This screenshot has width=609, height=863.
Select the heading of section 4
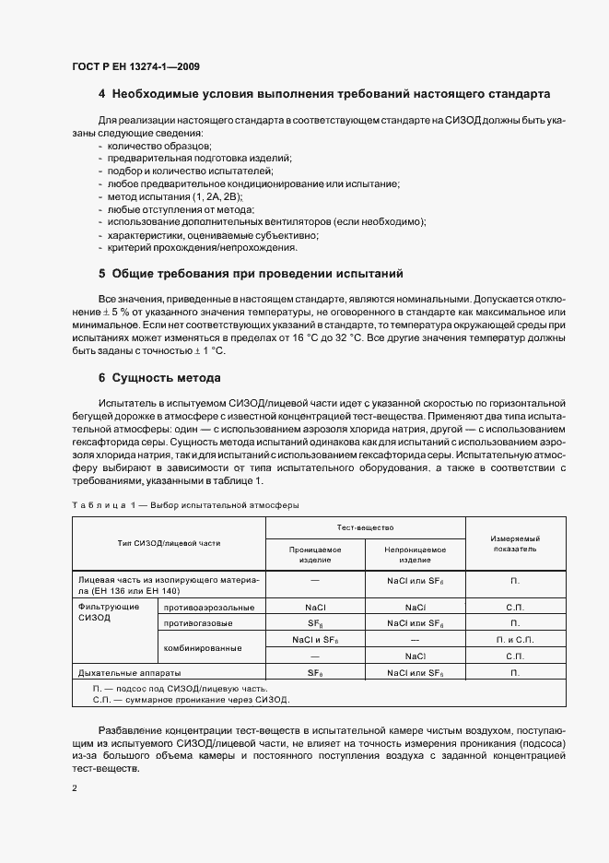324,94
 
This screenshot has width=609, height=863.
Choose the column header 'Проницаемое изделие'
315,555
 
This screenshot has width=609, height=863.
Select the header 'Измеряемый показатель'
514,543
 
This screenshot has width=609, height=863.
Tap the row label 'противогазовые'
199,623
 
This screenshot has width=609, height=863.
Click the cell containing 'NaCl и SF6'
315,639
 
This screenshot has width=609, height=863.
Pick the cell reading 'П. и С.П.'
514,639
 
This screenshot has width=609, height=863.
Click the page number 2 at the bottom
75,789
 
